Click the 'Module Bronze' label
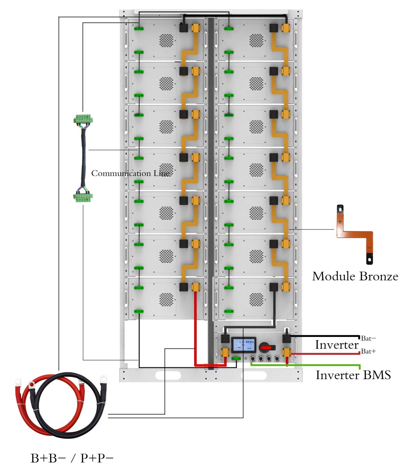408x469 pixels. [355, 276]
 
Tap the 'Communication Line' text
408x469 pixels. [131, 173]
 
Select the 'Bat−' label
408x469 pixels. [368, 338]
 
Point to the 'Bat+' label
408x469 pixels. [368, 351]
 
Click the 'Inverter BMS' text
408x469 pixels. [353, 375]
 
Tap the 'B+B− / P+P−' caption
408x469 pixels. [72, 458]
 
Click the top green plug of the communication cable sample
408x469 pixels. [83, 120]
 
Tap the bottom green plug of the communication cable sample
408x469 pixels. [83, 197]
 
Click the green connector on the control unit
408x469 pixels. [236, 358]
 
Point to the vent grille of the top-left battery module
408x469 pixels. [166, 40]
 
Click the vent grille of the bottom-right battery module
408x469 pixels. [256, 300]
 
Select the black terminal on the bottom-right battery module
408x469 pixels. [274, 287]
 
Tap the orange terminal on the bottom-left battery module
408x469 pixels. [196, 287]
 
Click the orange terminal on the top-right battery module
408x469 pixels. [286, 28]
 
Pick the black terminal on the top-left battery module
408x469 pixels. [183, 28]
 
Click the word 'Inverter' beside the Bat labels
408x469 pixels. [337, 345]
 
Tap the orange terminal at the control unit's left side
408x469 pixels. [225, 353]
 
